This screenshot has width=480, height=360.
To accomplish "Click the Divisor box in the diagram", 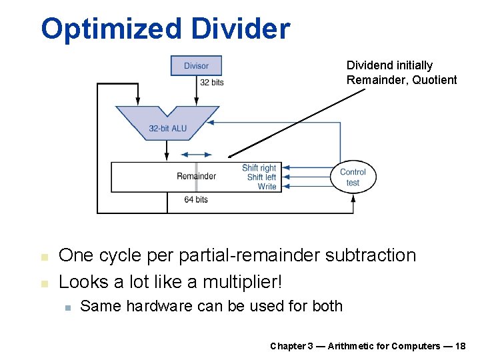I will click(x=196, y=65).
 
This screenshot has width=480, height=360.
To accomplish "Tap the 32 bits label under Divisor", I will click(x=212, y=83).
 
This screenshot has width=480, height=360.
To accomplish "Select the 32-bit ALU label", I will click(x=167, y=128).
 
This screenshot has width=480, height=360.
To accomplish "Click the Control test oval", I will click(x=353, y=177).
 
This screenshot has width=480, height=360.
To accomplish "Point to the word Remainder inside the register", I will click(x=196, y=176).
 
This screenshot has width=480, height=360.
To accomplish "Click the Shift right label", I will click(x=259, y=168).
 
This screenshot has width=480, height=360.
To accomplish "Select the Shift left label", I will click(x=261, y=177).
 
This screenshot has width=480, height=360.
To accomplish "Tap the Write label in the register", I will click(x=267, y=187).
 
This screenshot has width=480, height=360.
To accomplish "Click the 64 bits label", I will click(x=196, y=199).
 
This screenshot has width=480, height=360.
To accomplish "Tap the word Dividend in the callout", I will click(x=369, y=65).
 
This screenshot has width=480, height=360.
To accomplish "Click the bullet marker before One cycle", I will click(x=44, y=257).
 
